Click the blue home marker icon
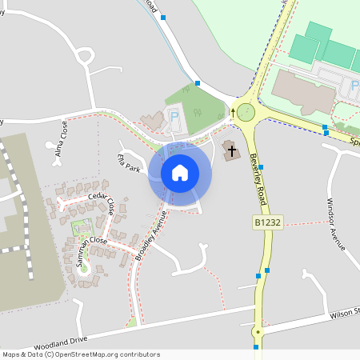(180, 173)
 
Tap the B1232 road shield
(269, 222)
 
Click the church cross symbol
(231, 150)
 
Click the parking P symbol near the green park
(176, 117)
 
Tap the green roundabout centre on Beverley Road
(246, 112)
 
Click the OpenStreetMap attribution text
(81, 354)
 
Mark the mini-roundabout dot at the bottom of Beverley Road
(258, 331)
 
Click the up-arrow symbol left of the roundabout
(233, 113)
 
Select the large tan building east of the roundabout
(302, 90)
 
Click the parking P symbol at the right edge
(355, 86)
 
